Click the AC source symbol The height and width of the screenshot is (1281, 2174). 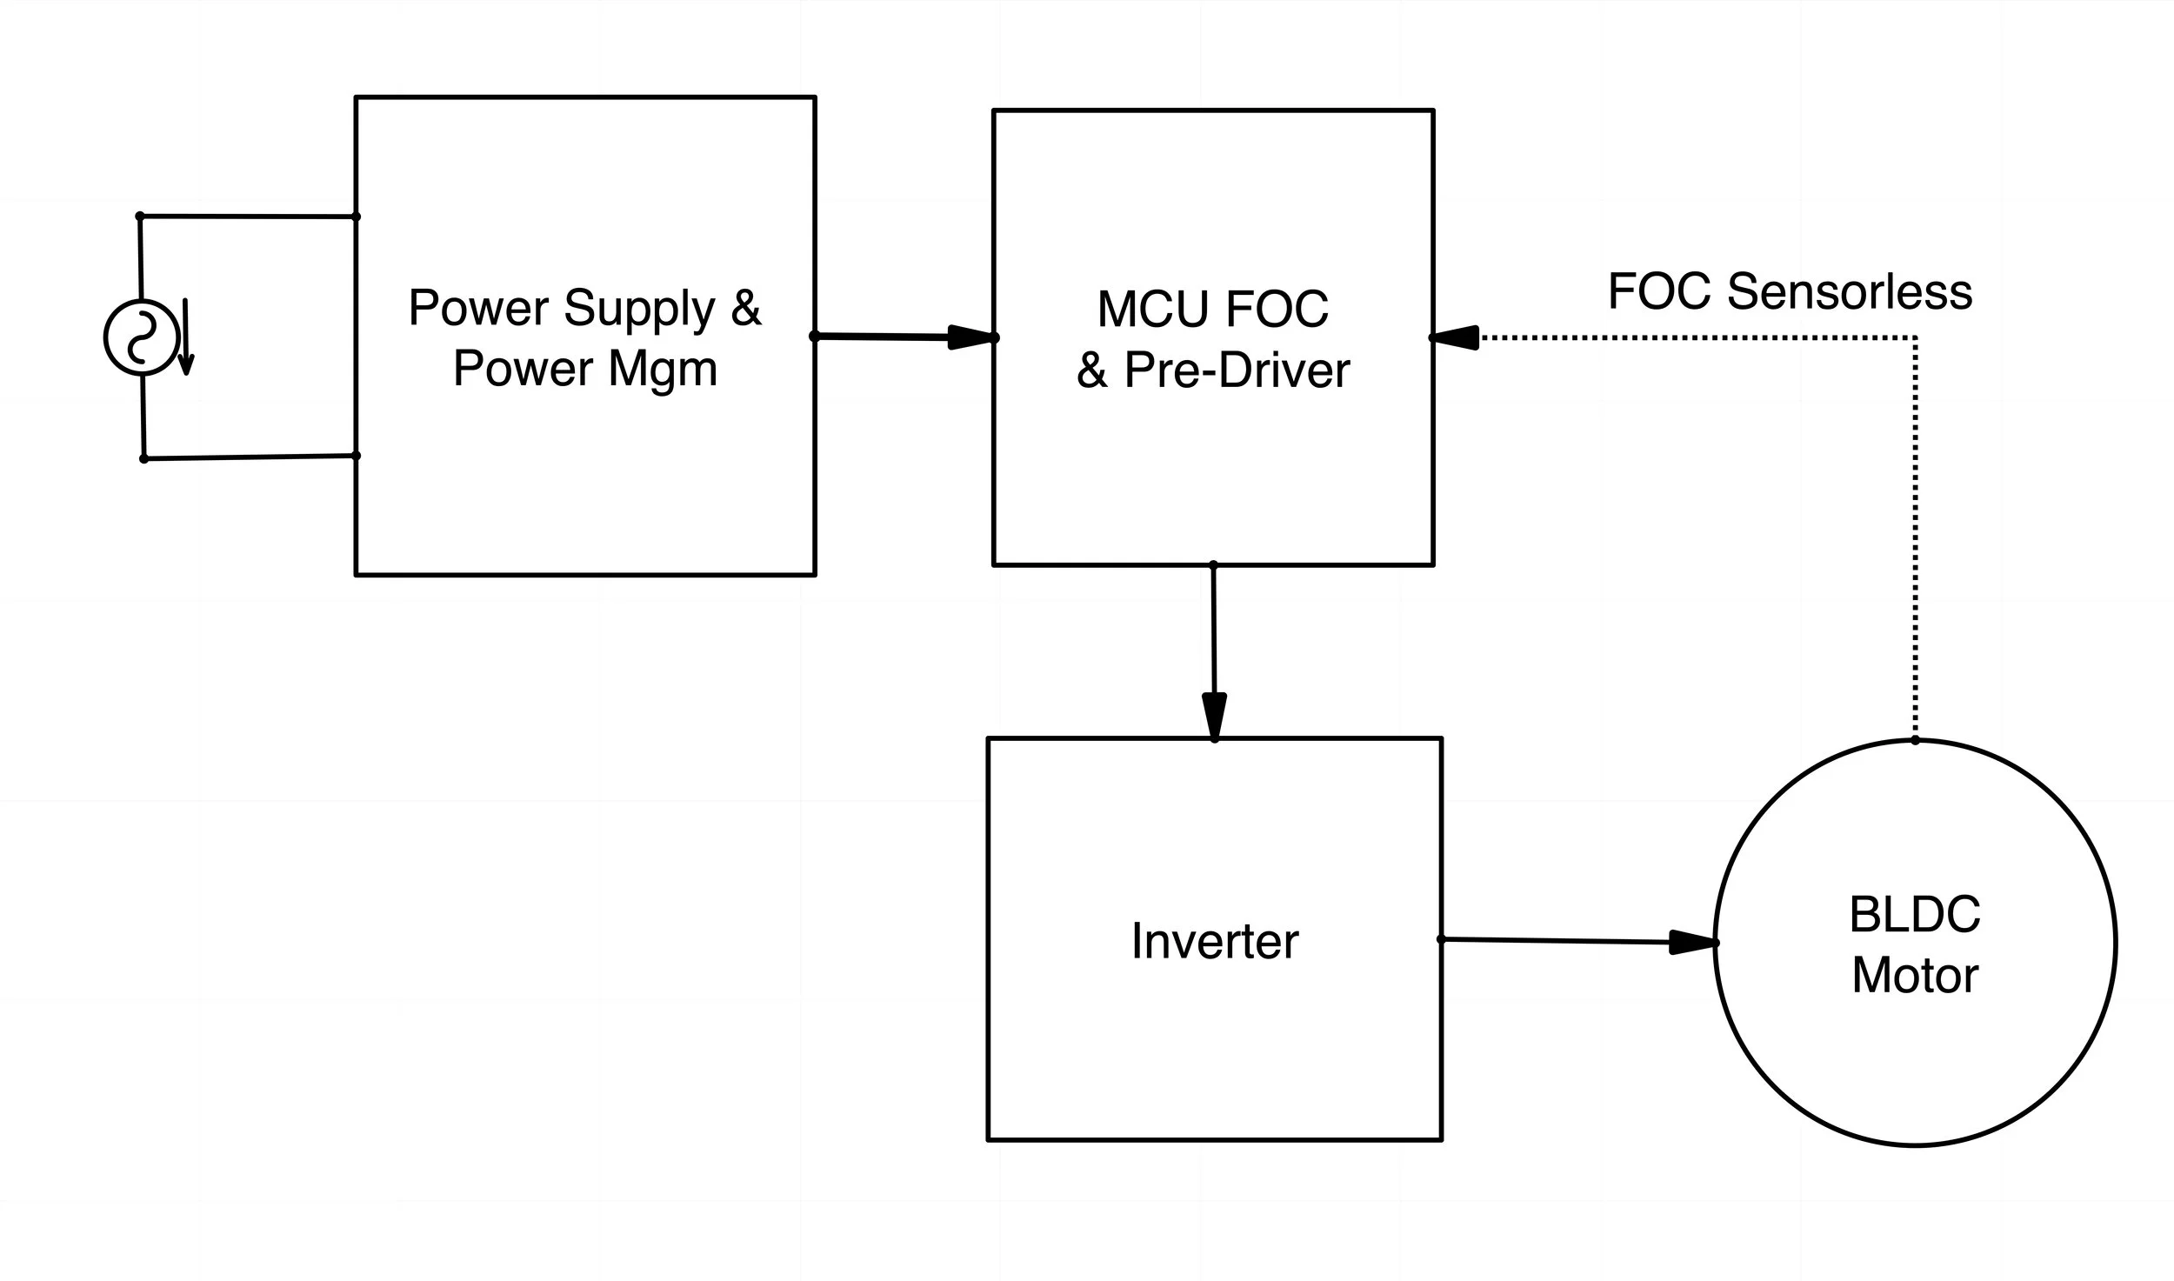(141, 337)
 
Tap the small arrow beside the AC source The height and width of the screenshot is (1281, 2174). (185, 339)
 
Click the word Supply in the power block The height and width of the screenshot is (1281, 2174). (639, 308)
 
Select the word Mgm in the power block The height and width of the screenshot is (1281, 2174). (663, 368)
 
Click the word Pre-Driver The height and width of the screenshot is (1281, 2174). (1237, 370)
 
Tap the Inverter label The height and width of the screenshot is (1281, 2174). (1214, 941)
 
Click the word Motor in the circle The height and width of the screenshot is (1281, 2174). (1915, 975)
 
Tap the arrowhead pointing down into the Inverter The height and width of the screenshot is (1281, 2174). (1214, 716)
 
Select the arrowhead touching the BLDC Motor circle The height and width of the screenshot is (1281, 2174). (1692, 942)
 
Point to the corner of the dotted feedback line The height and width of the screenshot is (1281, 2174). (1915, 337)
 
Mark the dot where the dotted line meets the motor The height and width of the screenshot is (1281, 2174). (1915, 740)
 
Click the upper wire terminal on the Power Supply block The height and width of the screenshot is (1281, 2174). (356, 217)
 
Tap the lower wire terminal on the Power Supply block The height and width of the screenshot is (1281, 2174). (356, 456)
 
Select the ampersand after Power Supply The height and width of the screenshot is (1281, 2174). (746, 310)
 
